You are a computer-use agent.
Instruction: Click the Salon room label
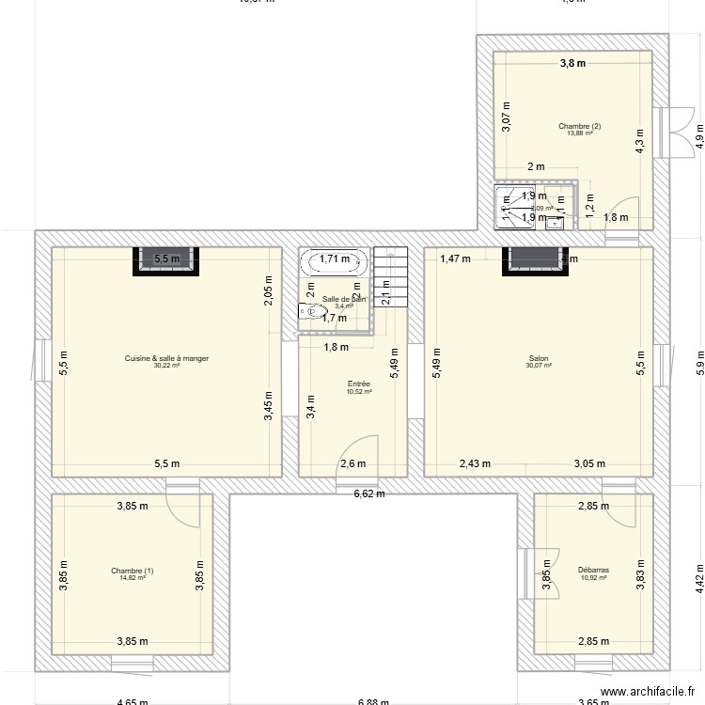(x=539, y=358)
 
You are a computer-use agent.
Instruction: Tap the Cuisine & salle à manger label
(x=167, y=358)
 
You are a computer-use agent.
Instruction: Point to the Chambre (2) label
(x=579, y=126)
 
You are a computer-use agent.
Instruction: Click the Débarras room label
(x=593, y=570)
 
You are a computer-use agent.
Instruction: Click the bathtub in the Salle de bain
(x=334, y=259)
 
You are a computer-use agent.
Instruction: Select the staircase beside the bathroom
(x=391, y=277)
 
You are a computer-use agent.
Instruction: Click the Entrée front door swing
(x=358, y=456)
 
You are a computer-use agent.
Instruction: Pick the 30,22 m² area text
(x=167, y=366)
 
